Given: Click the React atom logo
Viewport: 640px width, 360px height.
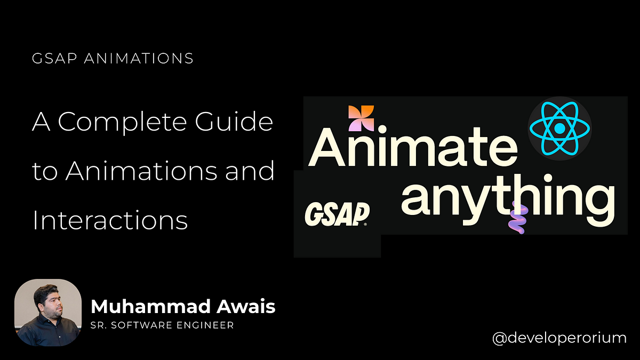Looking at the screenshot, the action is (x=559, y=129).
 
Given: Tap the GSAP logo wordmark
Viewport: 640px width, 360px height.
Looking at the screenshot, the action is (x=337, y=214).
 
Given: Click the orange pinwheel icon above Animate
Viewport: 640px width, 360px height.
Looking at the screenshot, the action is (x=361, y=118).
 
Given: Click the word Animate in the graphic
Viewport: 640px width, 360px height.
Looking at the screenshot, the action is (x=413, y=147).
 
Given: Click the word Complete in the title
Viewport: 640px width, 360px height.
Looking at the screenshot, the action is (x=122, y=122).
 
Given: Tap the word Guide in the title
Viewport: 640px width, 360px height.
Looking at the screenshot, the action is (x=234, y=121).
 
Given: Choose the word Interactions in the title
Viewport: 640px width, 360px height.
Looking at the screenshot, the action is (x=110, y=219).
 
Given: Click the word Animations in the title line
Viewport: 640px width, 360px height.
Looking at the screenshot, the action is (x=141, y=170).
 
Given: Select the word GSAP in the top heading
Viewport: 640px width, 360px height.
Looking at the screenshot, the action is (x=54, y=58).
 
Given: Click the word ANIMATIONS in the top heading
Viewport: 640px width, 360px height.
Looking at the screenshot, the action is (x=139, y=58).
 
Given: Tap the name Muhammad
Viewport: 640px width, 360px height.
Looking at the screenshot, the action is (x=150, y=306).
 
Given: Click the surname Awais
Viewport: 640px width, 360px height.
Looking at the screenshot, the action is (x=246, y=306).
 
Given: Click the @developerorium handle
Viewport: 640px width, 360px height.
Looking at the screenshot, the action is (x=559, y=338).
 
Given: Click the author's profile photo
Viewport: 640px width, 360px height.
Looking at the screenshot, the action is (x=48, y=313).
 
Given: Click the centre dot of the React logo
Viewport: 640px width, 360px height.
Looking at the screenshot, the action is (x=559, y=129).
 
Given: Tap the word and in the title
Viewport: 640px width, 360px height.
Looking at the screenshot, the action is (x=250, y=170).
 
